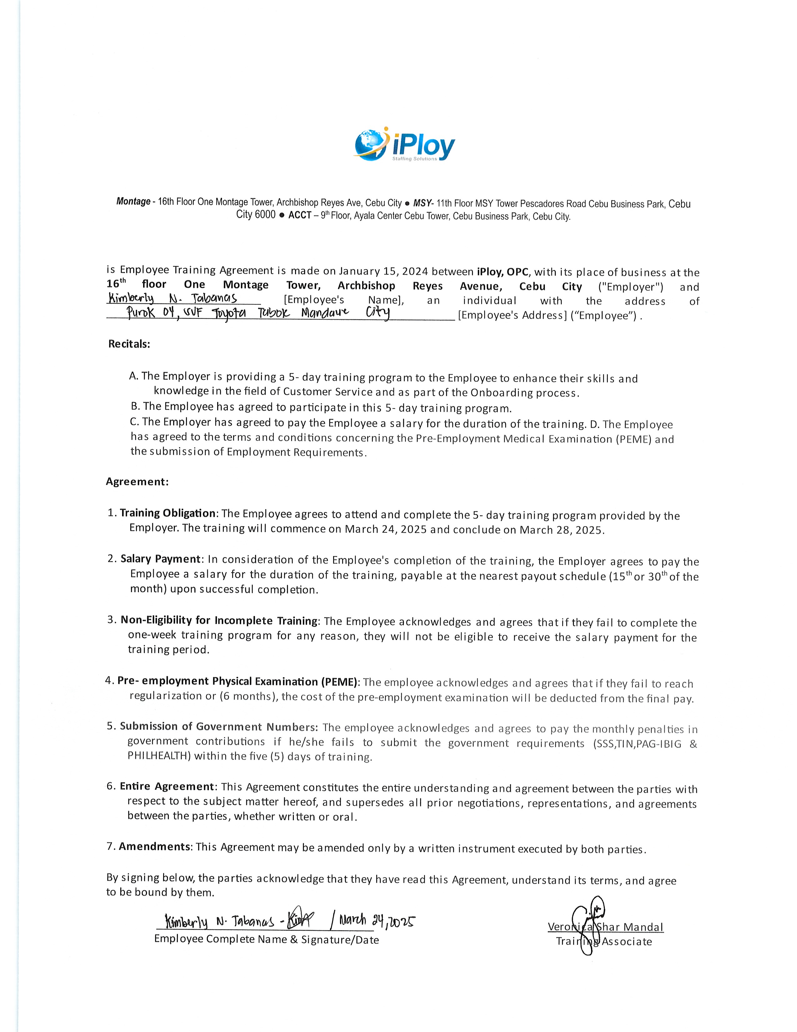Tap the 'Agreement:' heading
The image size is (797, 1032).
click(x=137, y=482)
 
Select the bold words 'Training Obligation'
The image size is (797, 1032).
click(x=168, y=513)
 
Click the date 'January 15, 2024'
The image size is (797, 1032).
click(x=383, y=271)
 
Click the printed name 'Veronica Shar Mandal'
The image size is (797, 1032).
click(x=605, y=927)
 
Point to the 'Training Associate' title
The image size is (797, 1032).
click(x=604, y=941)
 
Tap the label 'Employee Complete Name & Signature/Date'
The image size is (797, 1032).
click(x=266, y=939)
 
